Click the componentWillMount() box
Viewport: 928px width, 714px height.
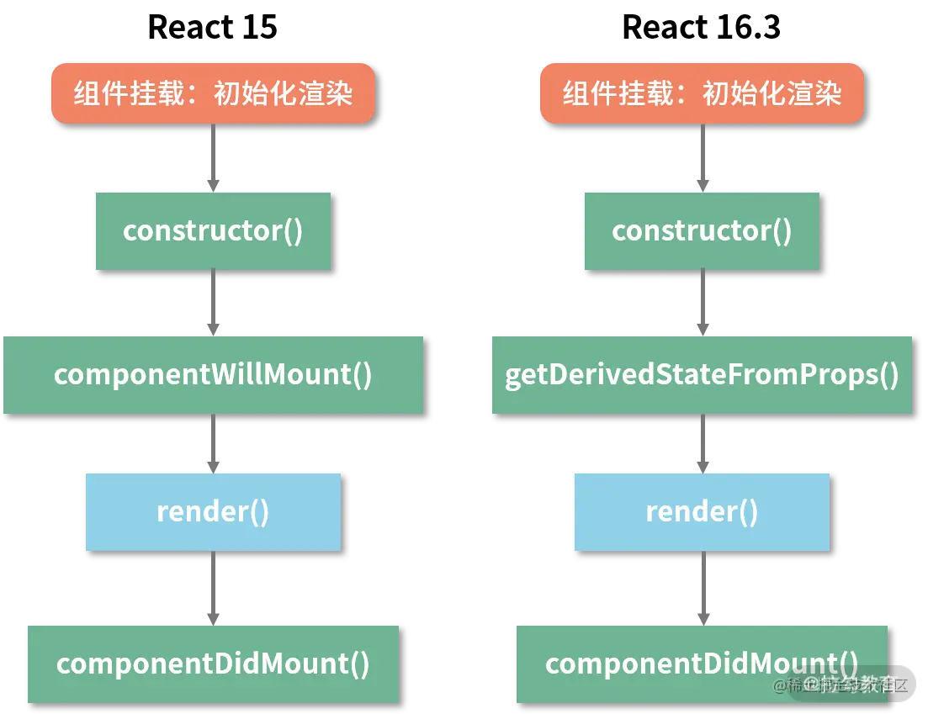(x=213, y=375)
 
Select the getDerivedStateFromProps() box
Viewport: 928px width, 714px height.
(x=702, y=375)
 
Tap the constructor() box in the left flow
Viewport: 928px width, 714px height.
(x=213, y=231)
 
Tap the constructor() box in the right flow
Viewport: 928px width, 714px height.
(x=702, y=231)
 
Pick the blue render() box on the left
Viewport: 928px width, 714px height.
(x=213, y=512)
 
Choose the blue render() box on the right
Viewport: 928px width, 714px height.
(x=702, y=512)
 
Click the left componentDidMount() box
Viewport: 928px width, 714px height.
(x=213, y=664)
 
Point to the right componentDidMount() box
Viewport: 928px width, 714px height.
(x=702, y=664)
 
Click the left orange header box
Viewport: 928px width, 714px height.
(x=213, y=93)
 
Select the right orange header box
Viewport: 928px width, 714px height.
(x=702, y=93)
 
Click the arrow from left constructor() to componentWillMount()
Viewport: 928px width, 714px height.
(x=213, y=303)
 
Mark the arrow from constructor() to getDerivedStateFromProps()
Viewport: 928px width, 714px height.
(x=703, y=303)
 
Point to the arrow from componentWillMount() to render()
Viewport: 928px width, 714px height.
(x=213, y=443)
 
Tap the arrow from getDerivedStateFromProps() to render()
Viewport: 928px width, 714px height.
(x=703, y=443)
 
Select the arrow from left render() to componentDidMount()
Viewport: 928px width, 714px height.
(x=213, y=588)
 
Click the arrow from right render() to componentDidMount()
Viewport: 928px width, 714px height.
(x=703, y=588)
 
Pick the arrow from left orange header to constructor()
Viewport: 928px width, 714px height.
(x=213, y=157)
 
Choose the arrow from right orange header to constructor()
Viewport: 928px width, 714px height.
(x=703, y=157)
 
